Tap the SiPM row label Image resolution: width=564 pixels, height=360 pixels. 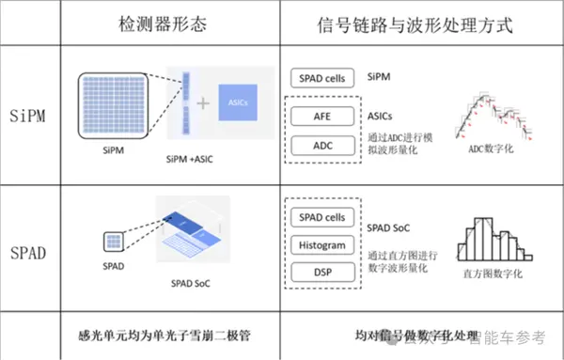32,117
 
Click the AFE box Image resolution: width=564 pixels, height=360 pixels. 321,117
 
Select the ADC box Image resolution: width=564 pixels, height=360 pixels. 321,146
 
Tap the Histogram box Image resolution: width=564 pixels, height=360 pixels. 321,245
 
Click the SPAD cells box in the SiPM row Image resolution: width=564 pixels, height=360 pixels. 321,76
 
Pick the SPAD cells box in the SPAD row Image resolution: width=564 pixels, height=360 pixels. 321,218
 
